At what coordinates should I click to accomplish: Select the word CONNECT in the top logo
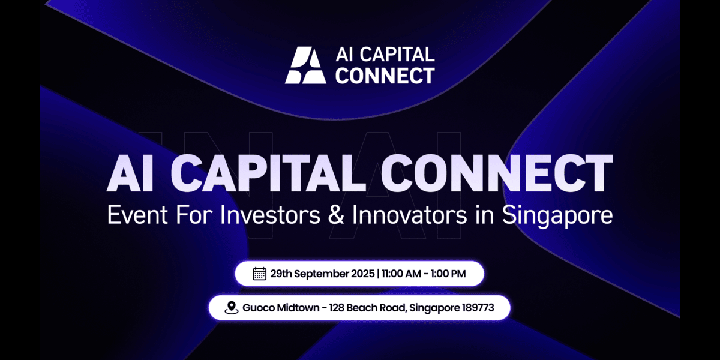tap(383, 76)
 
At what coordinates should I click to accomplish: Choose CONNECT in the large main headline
tap(497, 174)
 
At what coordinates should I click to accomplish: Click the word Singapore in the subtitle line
tap(559, 215)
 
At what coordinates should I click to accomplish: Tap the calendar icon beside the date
tap(259, 274)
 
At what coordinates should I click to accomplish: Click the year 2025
tap(361, 274)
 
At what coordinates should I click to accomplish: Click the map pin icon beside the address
tap(231, 308)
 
